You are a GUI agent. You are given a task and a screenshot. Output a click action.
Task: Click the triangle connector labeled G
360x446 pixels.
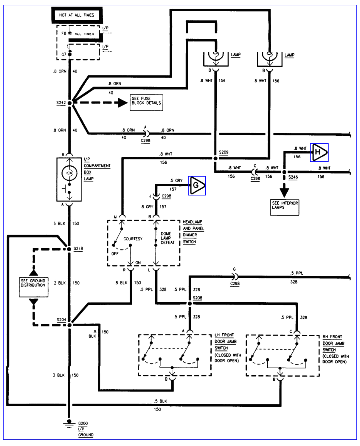(197, 185)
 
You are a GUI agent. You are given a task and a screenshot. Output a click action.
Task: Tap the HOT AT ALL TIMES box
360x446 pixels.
(77, 15)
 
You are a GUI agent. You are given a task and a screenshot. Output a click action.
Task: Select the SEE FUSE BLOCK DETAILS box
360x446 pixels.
(146, 103)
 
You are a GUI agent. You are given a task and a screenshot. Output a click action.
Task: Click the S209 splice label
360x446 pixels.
(224, 152)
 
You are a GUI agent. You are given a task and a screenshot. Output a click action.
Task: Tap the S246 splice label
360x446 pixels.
(293, 177)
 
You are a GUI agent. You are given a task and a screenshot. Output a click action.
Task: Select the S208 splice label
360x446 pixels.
(197, 298)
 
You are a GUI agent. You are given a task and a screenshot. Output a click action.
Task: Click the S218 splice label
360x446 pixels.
(78, 249)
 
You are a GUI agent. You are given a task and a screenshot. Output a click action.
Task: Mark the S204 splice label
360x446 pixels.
(61, 320)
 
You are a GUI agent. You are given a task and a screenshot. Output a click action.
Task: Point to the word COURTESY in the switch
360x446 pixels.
(133, 239)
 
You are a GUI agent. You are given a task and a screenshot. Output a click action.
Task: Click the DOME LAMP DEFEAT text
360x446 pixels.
(167, 238)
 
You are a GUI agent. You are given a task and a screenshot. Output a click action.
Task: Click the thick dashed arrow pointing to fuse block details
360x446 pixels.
(101, 103)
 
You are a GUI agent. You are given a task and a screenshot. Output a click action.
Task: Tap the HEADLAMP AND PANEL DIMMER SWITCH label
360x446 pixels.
(193, 232)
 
